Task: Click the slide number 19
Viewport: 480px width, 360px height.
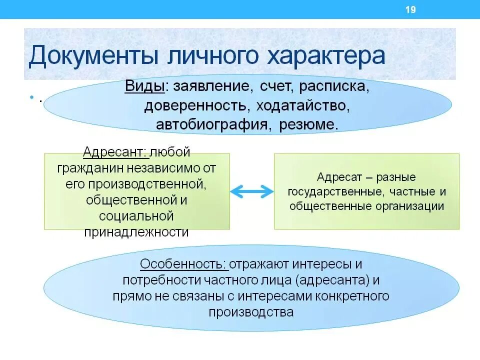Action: [x=410, y=10]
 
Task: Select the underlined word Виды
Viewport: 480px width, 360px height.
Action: [x=145, y=87]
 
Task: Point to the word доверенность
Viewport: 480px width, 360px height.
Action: [x=198, y=106]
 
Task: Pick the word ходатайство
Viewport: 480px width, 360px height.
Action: [x=301, y=106]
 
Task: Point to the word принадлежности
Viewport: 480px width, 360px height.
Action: [x=137, y=232]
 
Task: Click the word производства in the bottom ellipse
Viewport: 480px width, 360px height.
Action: [x=251, y=312]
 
